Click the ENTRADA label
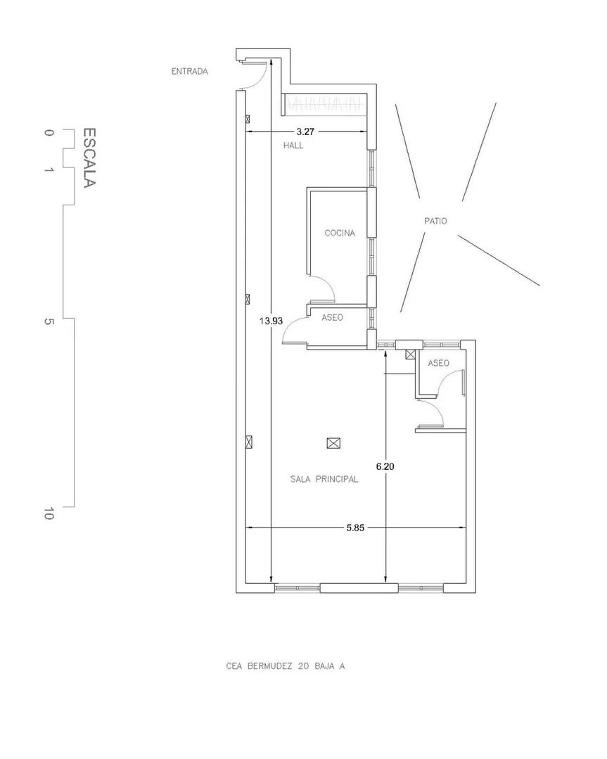click(190, 71)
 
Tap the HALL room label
click(293, 145)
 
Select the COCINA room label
click(340, 233)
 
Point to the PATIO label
click(435, 221)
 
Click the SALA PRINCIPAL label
click(324, 479)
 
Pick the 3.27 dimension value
click(305, 131)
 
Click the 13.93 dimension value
click(271, 321)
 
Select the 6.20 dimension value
click(385, 466)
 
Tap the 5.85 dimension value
click(355, 528)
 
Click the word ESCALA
click(89, 158)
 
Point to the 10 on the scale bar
click(48, 514)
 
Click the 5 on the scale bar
click(49, 321)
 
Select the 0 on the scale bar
click(49, 133)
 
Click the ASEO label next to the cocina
click(333, 317)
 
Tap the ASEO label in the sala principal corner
click(439, 363)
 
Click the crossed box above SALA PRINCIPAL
click(333, 443)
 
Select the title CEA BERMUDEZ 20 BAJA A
click(286, 666)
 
